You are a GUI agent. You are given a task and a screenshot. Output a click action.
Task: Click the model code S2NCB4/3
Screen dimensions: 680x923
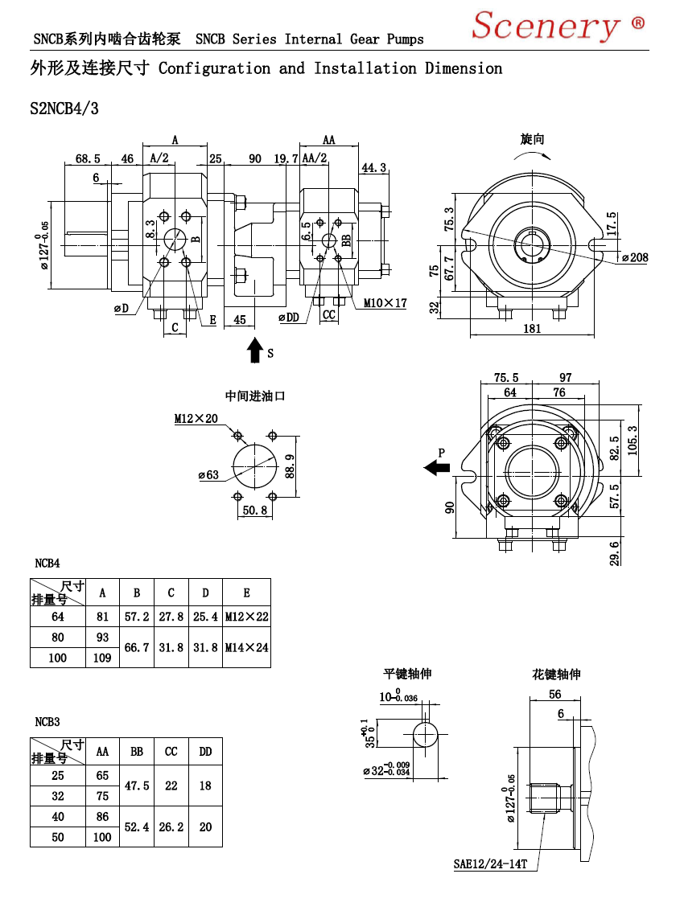point(64,109)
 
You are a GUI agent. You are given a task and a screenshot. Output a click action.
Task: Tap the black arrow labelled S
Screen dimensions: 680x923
point(254,351)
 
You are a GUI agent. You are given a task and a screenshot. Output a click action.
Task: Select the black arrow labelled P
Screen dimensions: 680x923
point(437,468)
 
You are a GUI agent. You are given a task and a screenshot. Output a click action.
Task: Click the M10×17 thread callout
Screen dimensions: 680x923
point(385,303)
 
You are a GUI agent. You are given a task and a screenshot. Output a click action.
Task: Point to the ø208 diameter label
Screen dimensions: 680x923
point(635,258)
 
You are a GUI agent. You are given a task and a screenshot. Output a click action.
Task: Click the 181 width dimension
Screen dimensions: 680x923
point(532,329)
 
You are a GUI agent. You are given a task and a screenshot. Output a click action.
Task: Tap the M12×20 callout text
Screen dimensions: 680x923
point(196,419)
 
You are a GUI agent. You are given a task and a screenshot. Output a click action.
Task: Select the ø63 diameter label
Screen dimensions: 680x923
point(208,475)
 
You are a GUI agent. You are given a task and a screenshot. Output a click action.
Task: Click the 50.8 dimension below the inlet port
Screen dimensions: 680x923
point(254,511)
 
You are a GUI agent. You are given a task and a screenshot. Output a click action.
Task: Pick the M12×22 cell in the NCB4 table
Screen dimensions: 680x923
point(247,617)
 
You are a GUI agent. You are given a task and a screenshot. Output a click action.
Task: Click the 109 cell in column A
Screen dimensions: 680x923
point(102,658)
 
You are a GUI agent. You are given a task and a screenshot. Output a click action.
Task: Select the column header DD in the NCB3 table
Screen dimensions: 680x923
point(205,752)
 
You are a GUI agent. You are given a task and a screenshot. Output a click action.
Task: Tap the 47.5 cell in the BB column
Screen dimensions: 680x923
point(137,786)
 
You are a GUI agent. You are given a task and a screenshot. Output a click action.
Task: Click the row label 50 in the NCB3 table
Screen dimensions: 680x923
point(58,837)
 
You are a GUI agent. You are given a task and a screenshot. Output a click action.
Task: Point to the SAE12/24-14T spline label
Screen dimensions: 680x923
point(490,864)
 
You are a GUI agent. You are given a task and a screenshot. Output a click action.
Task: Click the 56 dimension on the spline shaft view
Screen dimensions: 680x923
point(555,695)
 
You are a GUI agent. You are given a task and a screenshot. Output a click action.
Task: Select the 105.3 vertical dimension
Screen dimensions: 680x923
point(633,441)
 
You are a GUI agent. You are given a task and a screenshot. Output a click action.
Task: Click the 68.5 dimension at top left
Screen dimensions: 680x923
point(88,159)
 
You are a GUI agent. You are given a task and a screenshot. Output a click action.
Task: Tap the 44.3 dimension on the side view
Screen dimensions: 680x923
point(373,168)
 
